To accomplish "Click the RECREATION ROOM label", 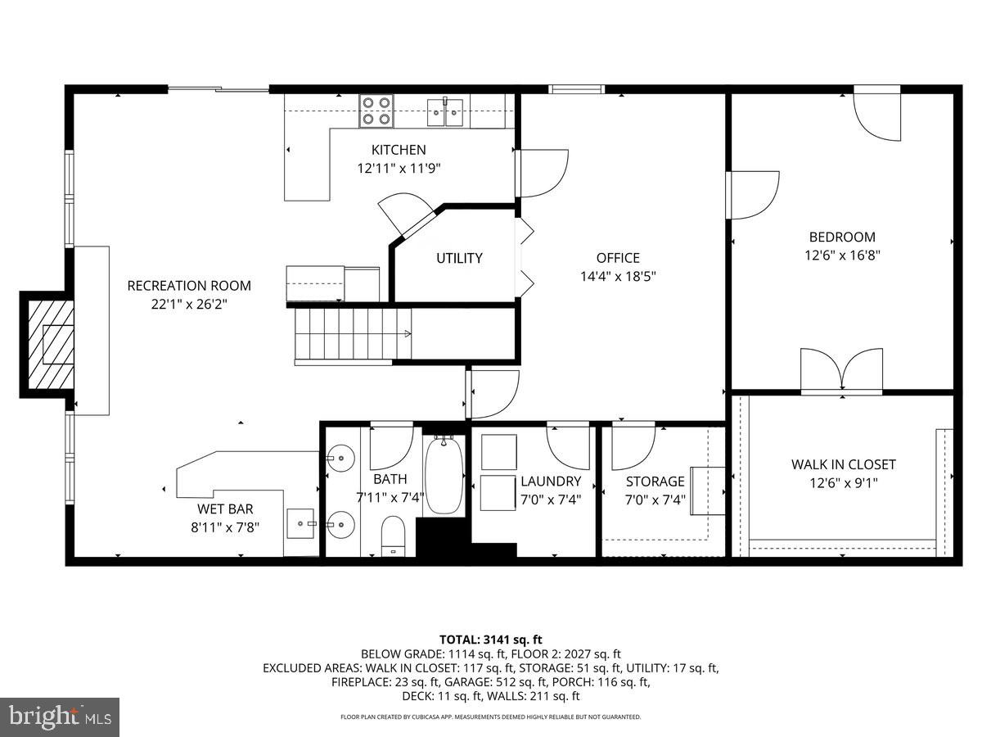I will click(x=189, y=286).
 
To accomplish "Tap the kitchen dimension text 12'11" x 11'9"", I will click(x=399, y=168).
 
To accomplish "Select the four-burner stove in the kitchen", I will click(x=376, y=111).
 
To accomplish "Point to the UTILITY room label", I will click(x=459, y=258).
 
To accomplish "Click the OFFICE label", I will click(x=618, y=258).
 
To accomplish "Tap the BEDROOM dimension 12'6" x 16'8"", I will click(x=842, y=255).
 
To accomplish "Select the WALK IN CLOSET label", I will click(x=843, y=464).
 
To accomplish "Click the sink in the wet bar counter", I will click(x=302, y=521).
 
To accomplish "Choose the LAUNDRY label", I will click(x=551, y=482).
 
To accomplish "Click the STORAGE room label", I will click(x=655, y=482).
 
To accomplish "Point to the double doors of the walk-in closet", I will click(x=841, y=370).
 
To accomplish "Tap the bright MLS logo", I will click(x=60, y=717).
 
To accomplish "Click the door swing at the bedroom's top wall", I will click(x=877, y=115).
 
